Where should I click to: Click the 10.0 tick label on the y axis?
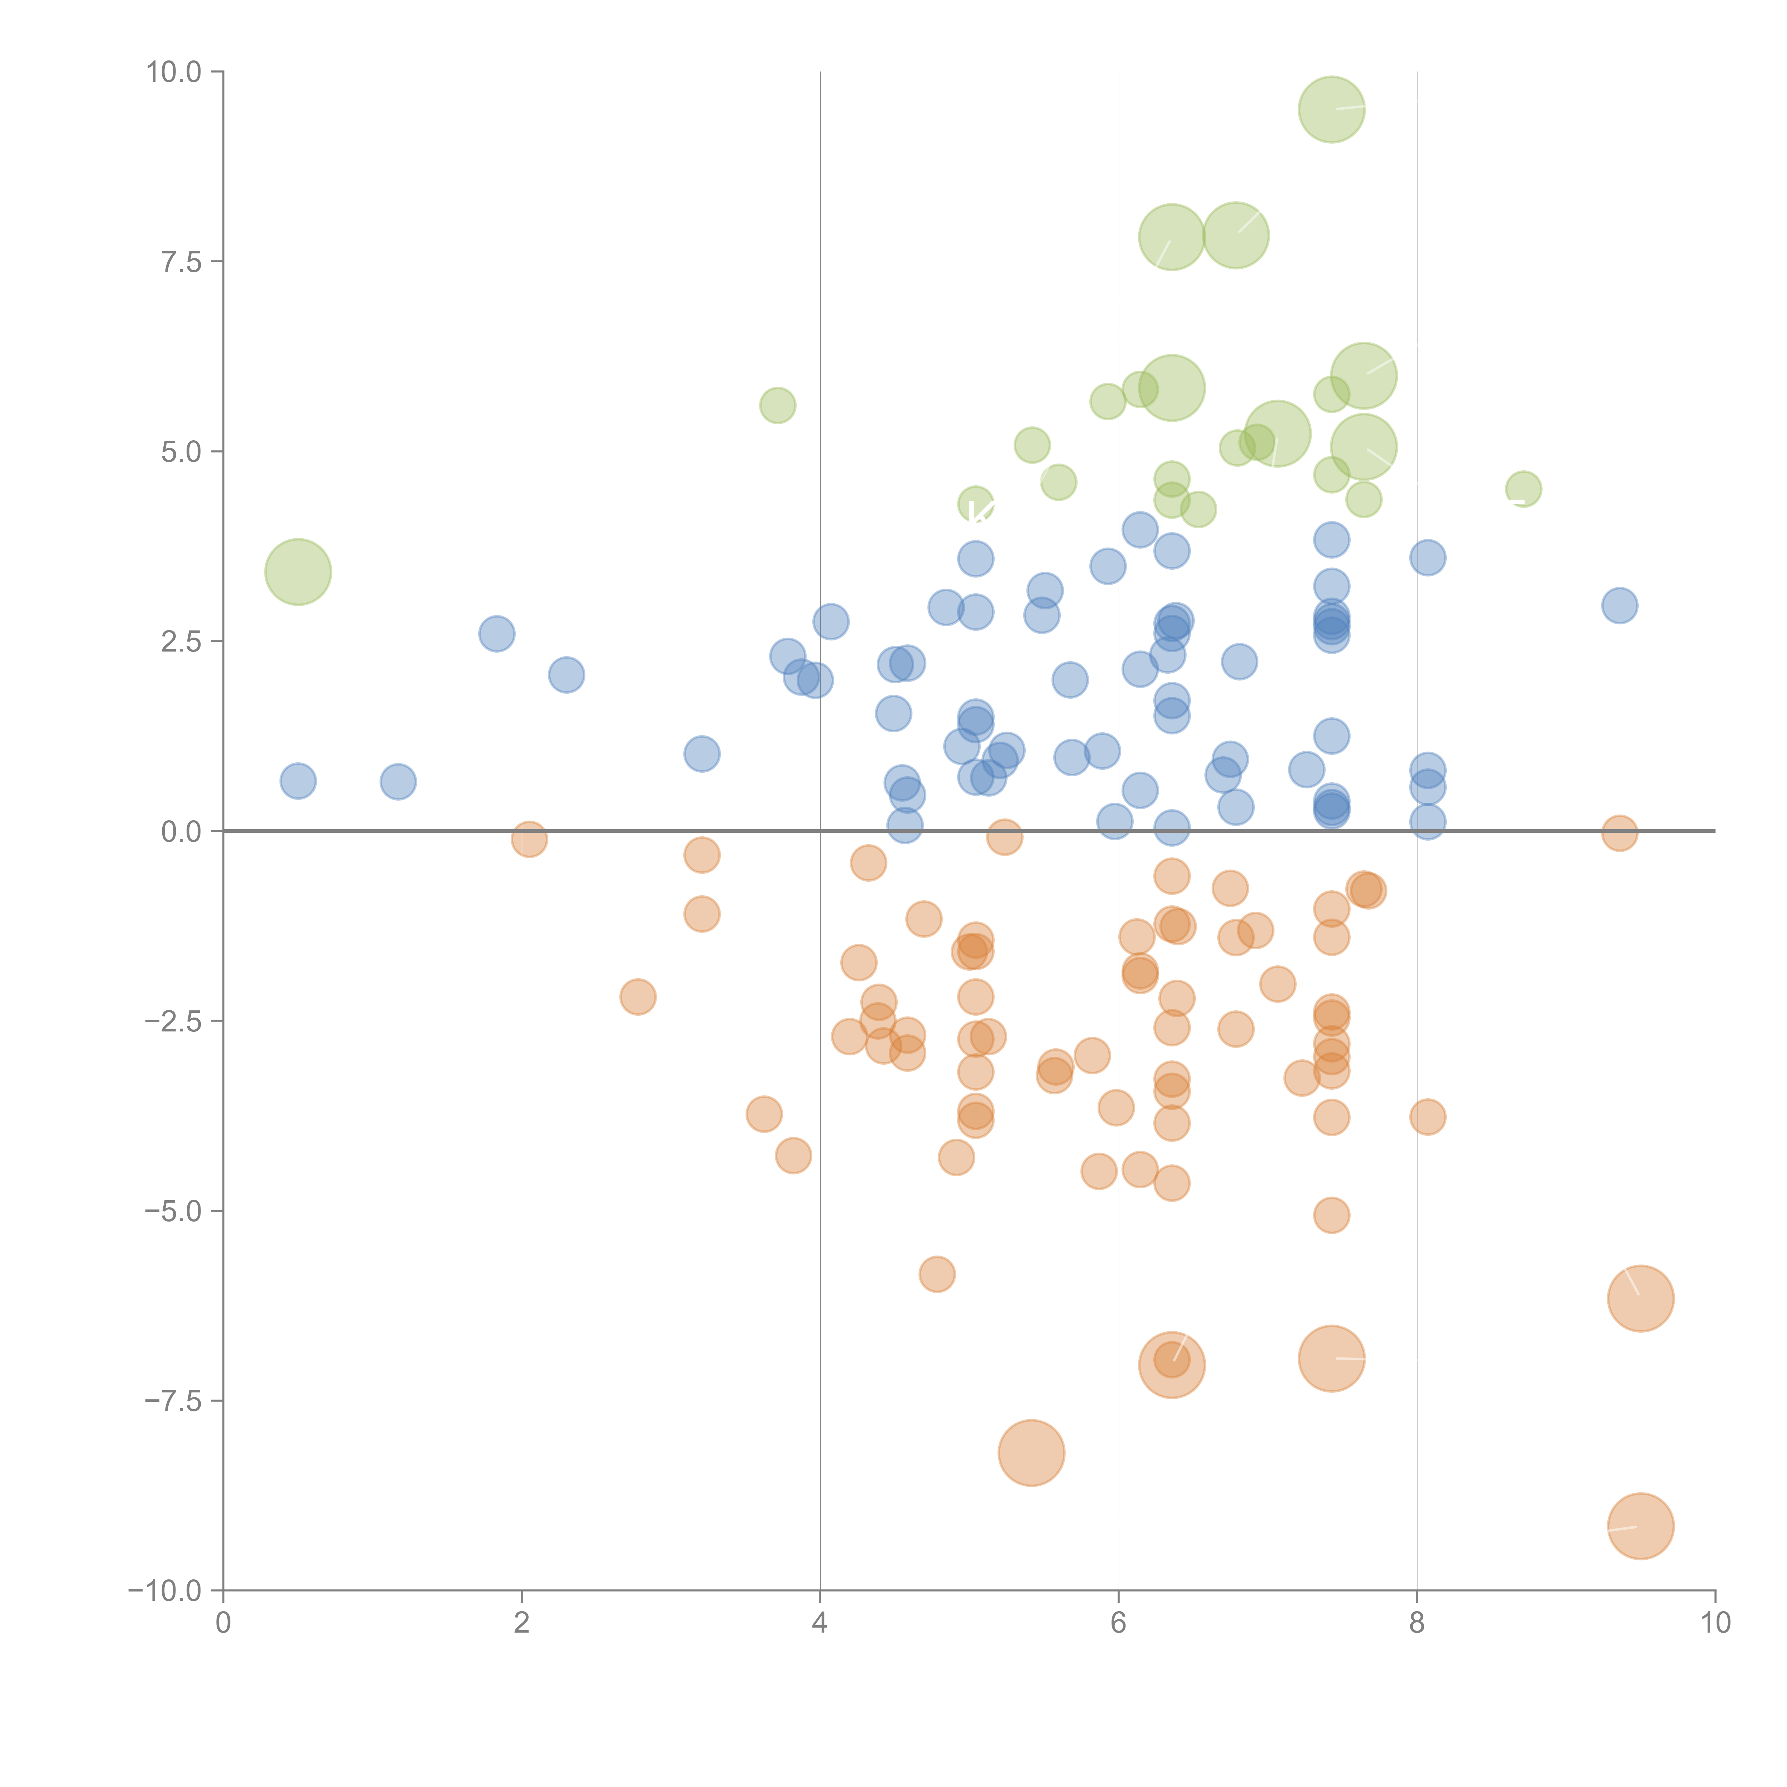click(174, 72)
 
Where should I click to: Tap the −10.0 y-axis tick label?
click(165, 1591)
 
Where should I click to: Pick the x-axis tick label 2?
click(522, 1623)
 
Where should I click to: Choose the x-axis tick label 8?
click(1417, 1623)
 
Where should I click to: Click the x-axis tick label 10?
click(1715, 1623)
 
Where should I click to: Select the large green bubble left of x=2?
click(298, 571)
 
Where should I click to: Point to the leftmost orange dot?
click(529, 839)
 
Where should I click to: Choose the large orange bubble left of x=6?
click(1031, 1453)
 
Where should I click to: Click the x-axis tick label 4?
click(820, 1623)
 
